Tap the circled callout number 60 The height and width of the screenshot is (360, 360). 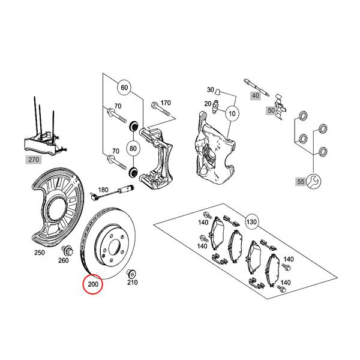[x=124, y=88]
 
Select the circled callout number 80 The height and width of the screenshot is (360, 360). [x=133, y=148]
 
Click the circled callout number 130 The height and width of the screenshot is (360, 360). [x=251, y=222]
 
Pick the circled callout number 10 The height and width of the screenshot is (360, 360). [x=232, y=112]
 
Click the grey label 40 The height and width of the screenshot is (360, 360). [x=256, y=94]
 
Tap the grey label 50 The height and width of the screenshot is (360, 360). [x=271, y=110]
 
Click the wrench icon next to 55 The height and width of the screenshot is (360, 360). [x=312, y=180]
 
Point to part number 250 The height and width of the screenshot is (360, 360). [x=40, y=253]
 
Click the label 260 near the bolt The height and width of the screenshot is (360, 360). [x=64, y=260]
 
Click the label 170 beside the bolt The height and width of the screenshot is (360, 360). [x=165, y=103]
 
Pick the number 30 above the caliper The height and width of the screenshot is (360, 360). [x=210, y=89]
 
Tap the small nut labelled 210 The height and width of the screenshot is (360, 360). [x=131, y=273]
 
